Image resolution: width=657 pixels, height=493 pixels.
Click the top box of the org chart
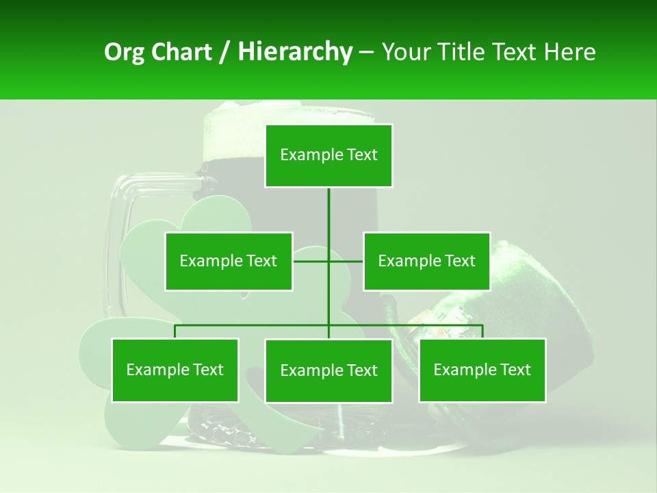tap(328, 155)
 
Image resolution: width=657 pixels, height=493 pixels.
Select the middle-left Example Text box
tap(229, 261)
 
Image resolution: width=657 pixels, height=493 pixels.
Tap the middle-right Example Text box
tap(426, 261)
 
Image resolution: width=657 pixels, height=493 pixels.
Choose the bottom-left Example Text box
tap(175, 370)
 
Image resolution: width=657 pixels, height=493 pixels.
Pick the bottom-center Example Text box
tap(328, 370)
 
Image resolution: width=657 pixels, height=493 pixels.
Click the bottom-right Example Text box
tap(482, 370)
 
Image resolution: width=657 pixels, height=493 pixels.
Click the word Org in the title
tap(123, 52)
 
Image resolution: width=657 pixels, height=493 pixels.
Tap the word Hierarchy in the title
tap(295, 52)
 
